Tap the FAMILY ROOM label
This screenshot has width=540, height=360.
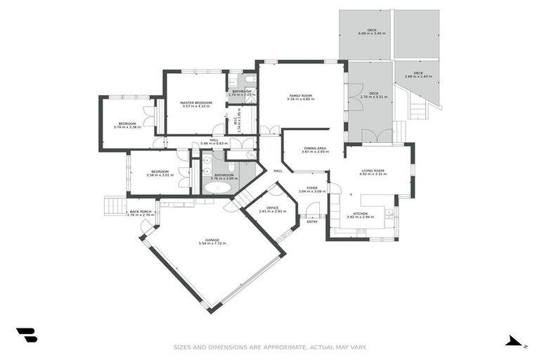click(300, 96)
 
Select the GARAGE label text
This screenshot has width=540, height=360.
click(212, 240)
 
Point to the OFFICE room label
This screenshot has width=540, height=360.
click(272, 207)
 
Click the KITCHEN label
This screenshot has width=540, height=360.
click(360, 213)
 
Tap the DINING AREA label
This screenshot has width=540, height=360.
click(314, 148)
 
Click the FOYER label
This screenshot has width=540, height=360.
click(312, 188)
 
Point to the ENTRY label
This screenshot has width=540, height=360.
click(311, 221)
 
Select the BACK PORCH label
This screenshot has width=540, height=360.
click(141, 211)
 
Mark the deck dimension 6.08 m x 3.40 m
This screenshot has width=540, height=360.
click(368, 34)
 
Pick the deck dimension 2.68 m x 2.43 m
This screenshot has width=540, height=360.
click(418, 76)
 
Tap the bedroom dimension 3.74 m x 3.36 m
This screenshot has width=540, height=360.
click(127, 127)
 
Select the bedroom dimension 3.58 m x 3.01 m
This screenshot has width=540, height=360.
click(160, 175)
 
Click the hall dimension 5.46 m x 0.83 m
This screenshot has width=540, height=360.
click(214, 143)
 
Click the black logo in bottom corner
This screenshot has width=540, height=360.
click(27, 335)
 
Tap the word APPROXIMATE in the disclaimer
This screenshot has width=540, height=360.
click(265, 347)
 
